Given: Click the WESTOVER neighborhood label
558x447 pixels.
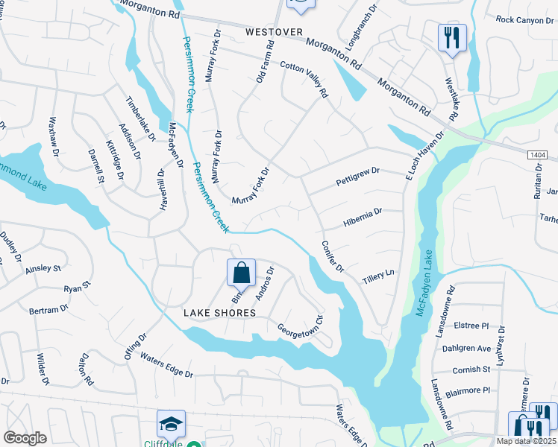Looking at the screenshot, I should (275, 32).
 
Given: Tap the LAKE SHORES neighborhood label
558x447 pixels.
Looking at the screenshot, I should (219, 314).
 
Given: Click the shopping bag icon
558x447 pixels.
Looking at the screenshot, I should (242, 273).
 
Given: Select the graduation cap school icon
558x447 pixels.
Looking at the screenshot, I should (171, 424).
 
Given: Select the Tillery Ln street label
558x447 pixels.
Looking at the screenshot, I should (377, 276).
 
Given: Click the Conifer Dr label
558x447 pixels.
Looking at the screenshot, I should (332, 256).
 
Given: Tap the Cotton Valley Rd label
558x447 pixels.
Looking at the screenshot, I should (304, 80).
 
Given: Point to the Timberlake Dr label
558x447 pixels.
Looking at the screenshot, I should (140, 118).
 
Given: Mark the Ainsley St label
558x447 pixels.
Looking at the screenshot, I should (43, 268).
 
